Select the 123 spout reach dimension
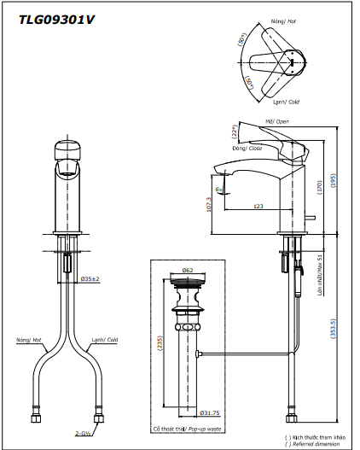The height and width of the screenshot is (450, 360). coord(258,206)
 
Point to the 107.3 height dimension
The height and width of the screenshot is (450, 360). coord(211,205)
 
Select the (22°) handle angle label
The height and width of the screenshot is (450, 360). coord(233,133)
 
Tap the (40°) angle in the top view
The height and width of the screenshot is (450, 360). coord(248,84)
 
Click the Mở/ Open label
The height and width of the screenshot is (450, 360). coord(276,121)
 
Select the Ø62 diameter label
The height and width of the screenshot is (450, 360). coord(188,270)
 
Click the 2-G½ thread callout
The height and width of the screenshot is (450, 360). coord(83,434)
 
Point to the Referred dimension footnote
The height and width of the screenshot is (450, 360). coord(319,444)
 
